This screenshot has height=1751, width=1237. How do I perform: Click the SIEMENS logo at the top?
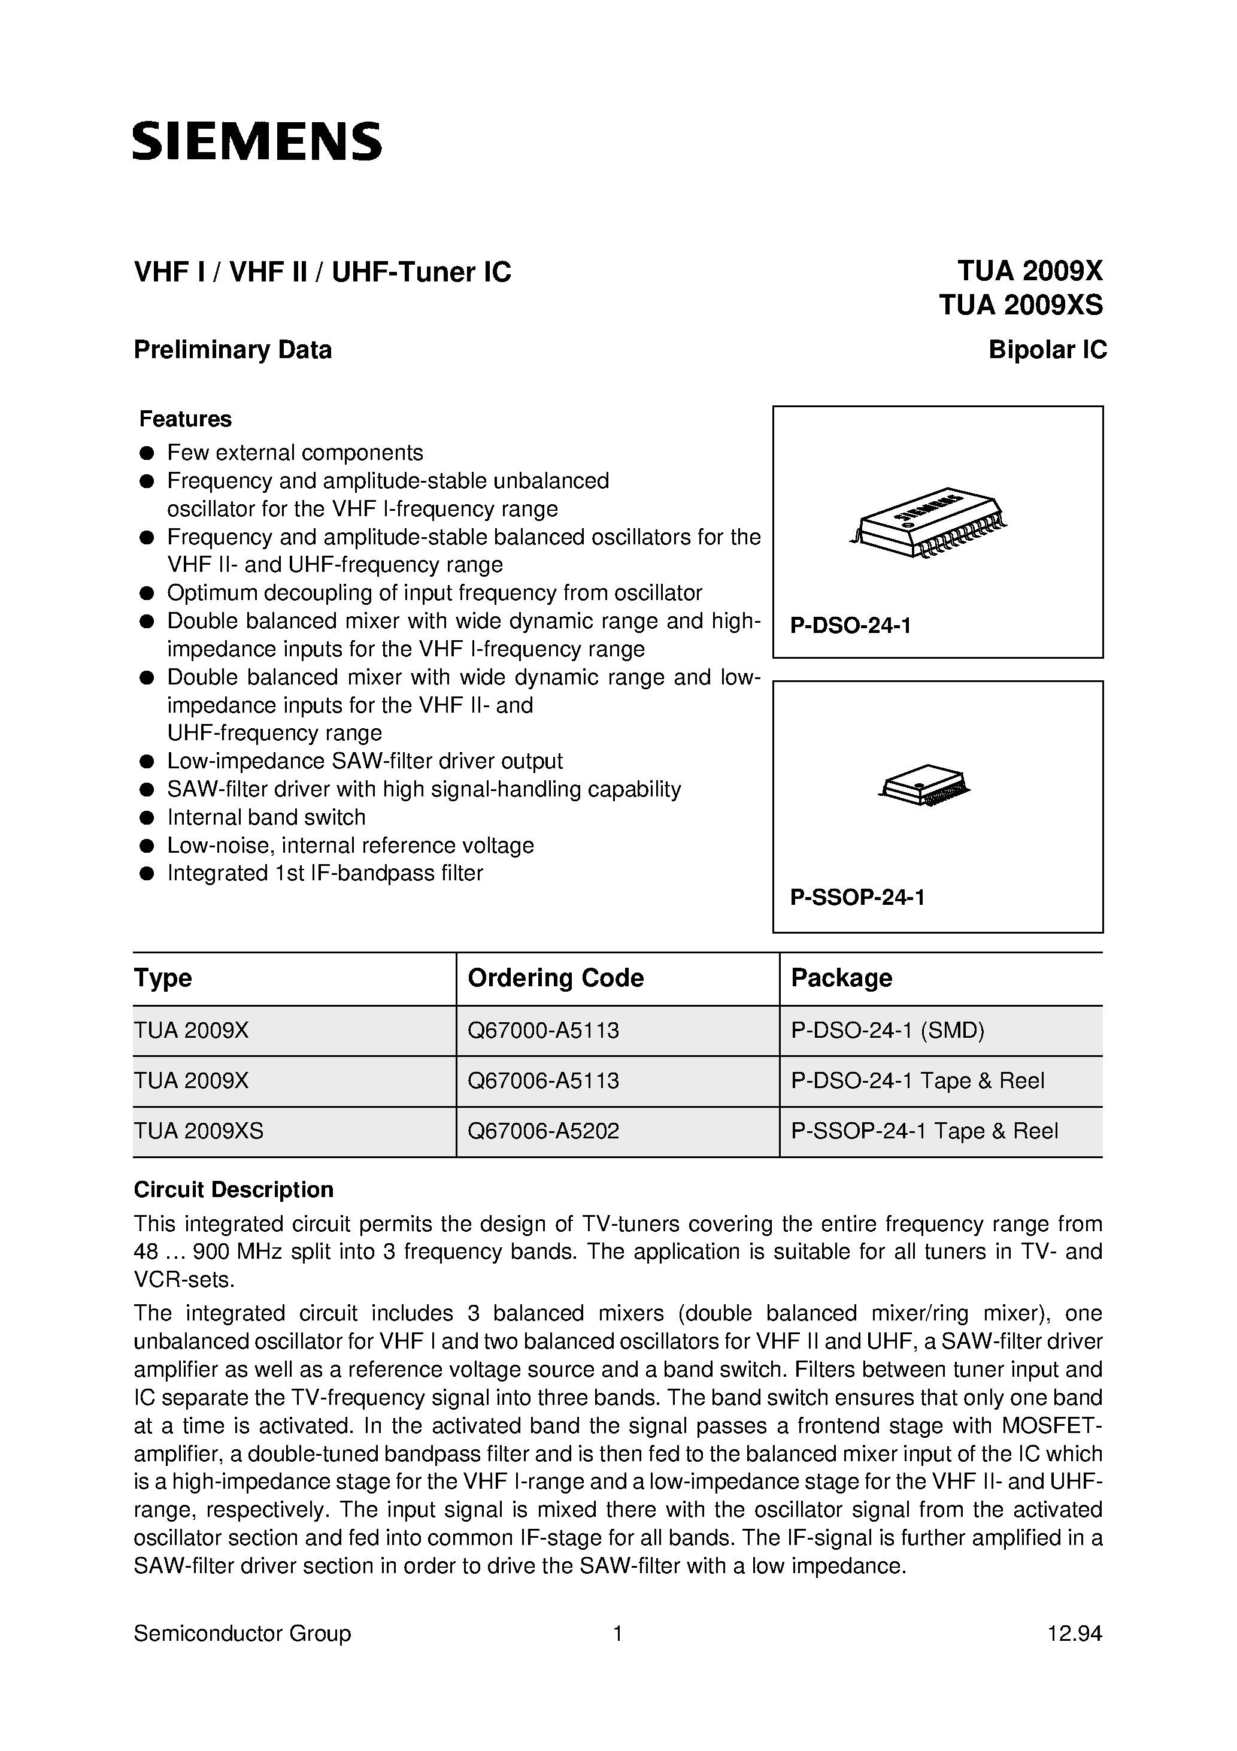tap(257, 141)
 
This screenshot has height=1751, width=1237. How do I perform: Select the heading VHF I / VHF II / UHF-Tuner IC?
tap(322, 272)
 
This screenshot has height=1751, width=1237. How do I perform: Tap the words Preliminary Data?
tap(232, 350)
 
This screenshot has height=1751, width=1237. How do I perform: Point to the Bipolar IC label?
tap(1047, 350)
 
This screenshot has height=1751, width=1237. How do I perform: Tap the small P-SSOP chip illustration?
tap(924, 784)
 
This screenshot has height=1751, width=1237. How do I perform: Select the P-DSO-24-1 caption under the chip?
tap(850, 626)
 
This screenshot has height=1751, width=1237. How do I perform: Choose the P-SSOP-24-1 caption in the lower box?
tap(857, 898)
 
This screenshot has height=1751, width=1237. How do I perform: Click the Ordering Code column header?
tap(555, 978)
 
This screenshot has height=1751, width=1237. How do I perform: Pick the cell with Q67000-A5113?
tap(543, 1031)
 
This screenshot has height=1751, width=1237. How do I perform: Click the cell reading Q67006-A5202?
tap(543, 1131)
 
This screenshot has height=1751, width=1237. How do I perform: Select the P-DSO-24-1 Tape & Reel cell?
tap(917, 1081)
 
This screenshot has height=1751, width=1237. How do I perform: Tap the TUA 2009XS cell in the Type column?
tap(198, 1131)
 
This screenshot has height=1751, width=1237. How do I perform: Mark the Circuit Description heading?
tap(234, 1190)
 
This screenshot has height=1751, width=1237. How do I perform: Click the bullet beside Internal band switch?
tap(147, 817)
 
